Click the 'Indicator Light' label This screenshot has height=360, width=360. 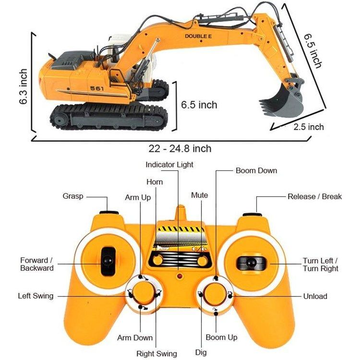[169, 165]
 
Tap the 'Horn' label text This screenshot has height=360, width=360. [155, 182]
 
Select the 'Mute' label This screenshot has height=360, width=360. [200, 195]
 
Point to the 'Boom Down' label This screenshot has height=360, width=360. [256, 170]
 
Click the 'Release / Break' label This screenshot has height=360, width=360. [314, 196]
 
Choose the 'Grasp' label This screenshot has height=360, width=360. [73, 196]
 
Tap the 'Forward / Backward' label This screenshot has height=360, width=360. [36, 264]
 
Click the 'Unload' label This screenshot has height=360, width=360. [315, 296]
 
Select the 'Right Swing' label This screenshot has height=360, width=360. [156, 354]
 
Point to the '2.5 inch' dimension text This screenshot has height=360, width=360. [309, 127]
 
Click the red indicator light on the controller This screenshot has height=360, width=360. [180, 277]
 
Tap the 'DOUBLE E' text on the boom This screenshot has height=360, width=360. [199, 36]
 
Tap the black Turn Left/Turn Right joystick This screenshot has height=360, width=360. [250, 262]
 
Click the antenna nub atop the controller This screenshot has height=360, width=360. [180, 213]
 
